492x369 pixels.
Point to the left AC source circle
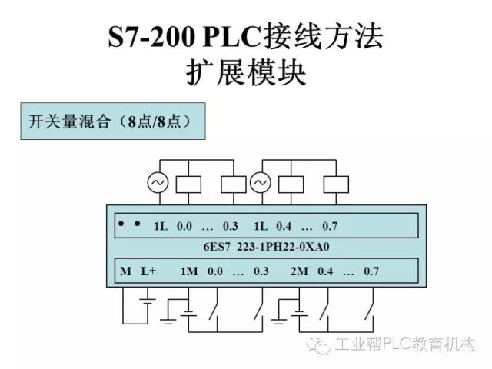click(158, 183)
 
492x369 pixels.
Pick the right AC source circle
click(260, 183)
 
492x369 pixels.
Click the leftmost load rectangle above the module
click(189, 184)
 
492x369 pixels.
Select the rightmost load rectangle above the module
click(336, 184)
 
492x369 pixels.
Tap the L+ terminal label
click(148, 271)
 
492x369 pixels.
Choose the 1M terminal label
click(189, 271)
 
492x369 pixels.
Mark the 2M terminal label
click(298, 271)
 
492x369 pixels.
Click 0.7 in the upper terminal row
click(330, 226)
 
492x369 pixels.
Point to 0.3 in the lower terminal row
click(261, 271)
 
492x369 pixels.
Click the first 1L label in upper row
click(160, 226)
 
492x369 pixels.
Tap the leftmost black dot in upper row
click(121, 224)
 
